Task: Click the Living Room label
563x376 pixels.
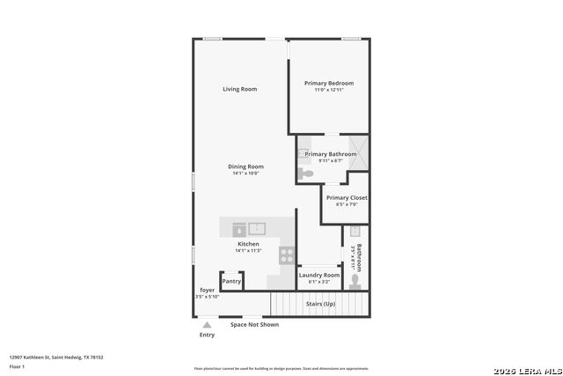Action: tap(239, 89)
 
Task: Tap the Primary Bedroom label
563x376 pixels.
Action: tap(328, 83)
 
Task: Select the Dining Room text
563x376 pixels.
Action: tap(246, 166)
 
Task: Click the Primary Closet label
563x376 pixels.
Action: tap(347, 198)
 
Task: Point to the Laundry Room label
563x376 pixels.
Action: tap(318, 276)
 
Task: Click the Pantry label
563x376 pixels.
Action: tap(231, 282)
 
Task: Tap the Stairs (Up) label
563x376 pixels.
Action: tap(320, 304)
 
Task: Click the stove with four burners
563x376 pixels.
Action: tap(287, 254)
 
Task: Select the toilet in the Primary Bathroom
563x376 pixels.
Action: tap(305, 173)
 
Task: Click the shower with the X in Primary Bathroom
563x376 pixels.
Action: tap(359, 148)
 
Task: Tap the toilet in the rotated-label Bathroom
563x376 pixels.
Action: tap(355, 281)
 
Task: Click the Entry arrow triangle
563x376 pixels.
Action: tap(207, 324)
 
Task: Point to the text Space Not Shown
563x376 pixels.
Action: tap(254, 325)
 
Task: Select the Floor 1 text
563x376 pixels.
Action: tap(18, 365)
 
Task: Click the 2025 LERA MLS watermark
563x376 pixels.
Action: tap(525, 367)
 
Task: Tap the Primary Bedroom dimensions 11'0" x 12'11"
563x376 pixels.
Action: tap(328, 91)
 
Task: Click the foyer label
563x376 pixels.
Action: tap(208, 290)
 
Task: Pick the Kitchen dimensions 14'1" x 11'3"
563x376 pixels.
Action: tap(248, 251)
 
